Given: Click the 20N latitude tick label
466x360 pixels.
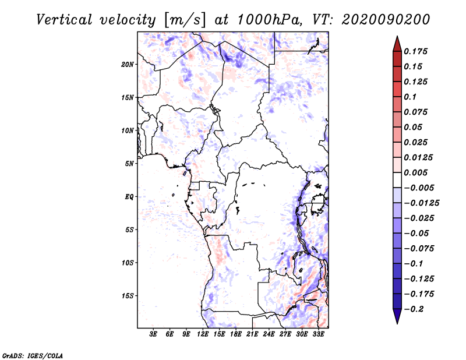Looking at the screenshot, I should (128, 64).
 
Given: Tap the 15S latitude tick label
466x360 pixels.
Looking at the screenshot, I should (128, 296).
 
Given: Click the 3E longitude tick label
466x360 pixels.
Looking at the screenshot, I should (154, 334).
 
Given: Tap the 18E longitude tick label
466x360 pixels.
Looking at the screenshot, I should (236, 334).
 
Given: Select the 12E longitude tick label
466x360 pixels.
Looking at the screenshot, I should (203, 334).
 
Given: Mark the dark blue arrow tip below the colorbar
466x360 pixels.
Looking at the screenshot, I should (397, 319).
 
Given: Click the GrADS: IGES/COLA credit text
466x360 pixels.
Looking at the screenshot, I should (24, 354).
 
